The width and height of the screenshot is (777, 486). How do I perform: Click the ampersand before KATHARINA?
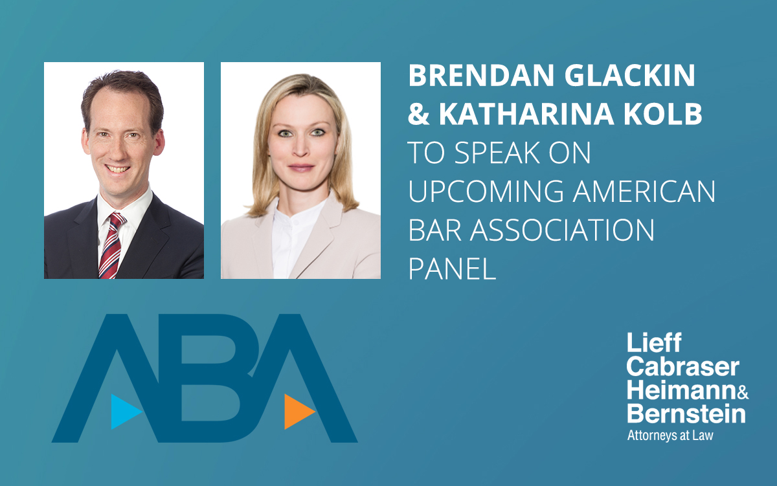click(x=418, y=115)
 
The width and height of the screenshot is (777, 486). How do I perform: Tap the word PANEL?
click(x=452, y=269)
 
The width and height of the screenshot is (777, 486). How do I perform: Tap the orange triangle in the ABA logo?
click(x=298, y=411)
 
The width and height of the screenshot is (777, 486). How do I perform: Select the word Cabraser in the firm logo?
click(x=682, y=368)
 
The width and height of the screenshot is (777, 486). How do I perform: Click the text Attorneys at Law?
click(x=670, y=435)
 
